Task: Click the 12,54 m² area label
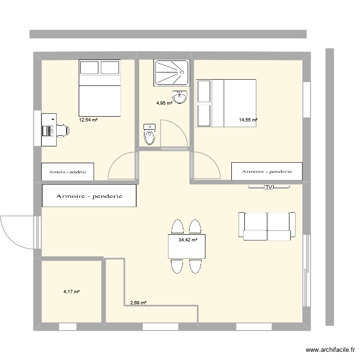coord(88,120)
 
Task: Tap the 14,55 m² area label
coord(248,120)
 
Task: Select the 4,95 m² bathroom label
coord(164,102)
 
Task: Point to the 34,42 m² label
coord(188,240)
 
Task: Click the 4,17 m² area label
coord(71,291)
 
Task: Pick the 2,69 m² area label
coord(138,303)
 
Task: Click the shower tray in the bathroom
coord(172,72)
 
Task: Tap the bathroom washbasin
coord(180,97)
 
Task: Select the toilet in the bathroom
coord(150,133)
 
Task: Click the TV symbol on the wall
coord(268,187)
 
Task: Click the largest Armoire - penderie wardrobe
coord(89,196)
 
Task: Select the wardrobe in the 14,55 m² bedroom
coord(267,171)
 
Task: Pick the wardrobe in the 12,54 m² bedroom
coord(67,172)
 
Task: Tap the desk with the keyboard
coord(48,130)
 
